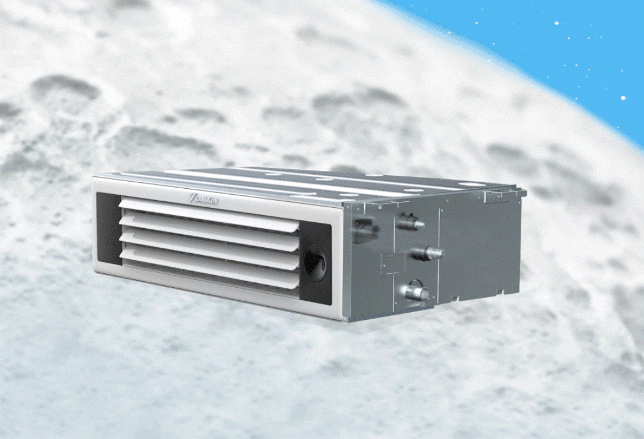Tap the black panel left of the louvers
point(108,230)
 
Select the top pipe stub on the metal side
point(412,222)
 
